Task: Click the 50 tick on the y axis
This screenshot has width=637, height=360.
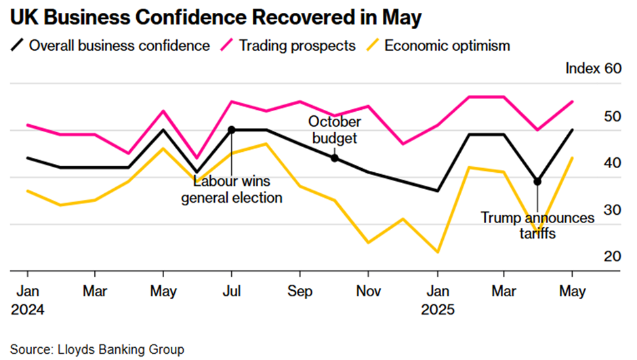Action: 613,116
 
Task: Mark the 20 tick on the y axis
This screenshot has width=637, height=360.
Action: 613,257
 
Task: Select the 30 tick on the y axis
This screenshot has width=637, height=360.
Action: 613,210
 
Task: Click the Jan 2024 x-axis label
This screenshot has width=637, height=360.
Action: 28,300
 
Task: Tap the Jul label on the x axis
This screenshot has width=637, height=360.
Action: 232,291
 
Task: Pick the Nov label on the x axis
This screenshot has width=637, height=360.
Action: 368,291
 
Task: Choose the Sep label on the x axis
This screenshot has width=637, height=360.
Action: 300,291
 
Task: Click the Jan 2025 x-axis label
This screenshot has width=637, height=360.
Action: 437,300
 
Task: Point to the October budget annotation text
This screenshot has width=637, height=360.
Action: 335,129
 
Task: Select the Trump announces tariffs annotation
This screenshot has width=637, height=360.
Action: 538,226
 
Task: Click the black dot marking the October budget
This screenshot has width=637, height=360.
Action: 334,158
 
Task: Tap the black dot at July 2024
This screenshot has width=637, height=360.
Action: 232,129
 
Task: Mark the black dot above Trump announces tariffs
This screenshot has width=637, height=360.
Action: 537,182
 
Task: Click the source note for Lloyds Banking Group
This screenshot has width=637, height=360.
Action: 97,349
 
